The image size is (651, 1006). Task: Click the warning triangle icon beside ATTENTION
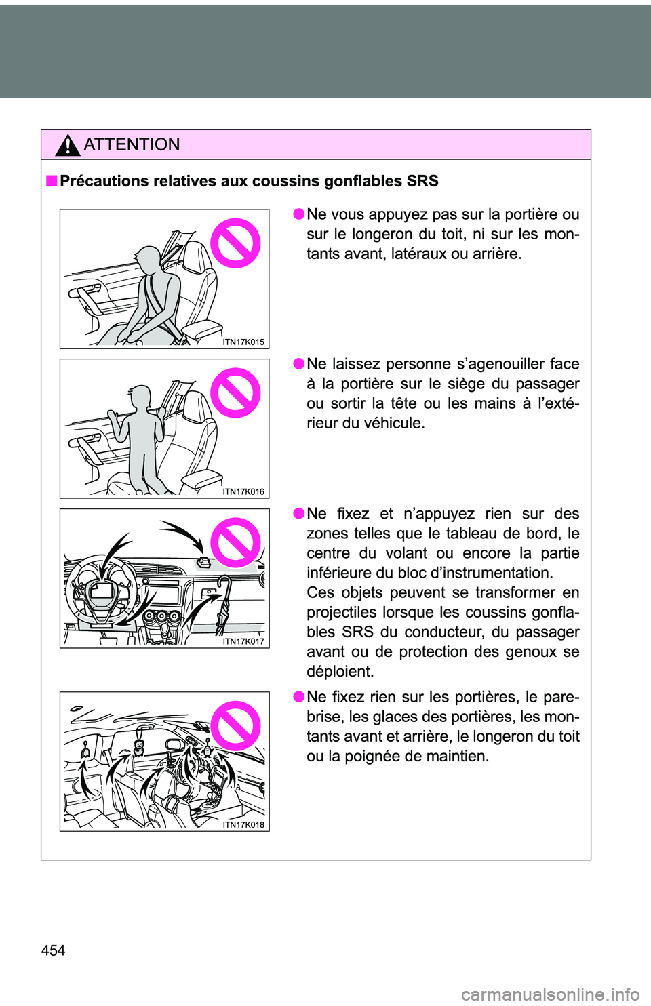coord(68,145)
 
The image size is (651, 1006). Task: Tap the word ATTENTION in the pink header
coord(132,144)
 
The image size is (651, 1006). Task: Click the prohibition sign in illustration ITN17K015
coord(235,243)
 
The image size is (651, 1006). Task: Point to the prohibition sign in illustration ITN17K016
coord(235,393)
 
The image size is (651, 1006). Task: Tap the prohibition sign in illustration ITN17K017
coord(235,542)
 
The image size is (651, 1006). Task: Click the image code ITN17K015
coord(243,342)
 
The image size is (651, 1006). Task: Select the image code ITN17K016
coord(243,492)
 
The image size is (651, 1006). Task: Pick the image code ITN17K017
coord(243,642)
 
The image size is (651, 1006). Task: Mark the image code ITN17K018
coord(243,825)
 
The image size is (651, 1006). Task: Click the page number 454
coord(53,950)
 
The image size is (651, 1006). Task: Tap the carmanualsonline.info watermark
coord(550,994)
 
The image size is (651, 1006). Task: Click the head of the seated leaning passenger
coord(147,259)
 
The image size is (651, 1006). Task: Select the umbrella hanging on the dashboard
coord(221,603)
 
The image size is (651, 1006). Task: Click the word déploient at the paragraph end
coord(340,672)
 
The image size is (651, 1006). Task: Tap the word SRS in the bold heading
coord(422,181)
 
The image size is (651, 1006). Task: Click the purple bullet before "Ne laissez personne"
coord(298,364)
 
